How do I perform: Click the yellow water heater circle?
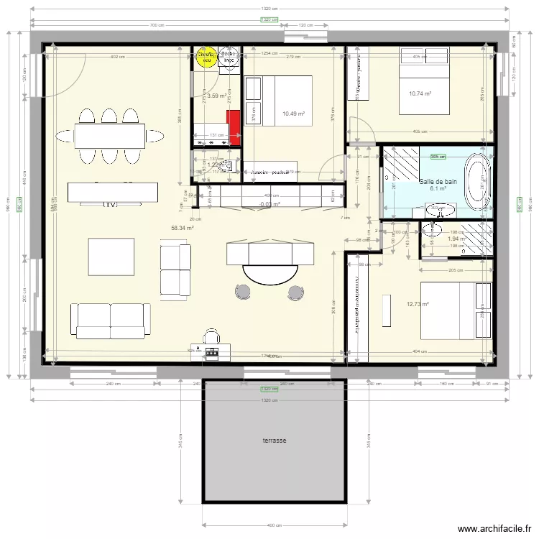tap(206, 57)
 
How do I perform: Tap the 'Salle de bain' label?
tap(438, 182)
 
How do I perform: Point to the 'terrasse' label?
tap(274, 441)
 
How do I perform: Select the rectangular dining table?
tap(109, 135)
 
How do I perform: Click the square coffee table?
tap(111, 257)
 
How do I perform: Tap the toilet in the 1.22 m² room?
tap(231, 165)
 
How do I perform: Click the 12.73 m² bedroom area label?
tap(418, 304)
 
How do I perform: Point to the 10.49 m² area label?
tap(293, 114)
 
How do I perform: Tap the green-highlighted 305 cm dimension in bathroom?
tap(437, 156)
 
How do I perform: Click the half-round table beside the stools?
tap(269, 273)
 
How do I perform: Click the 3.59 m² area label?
tap(216, 95)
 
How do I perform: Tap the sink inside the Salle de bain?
tap(439, 210)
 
